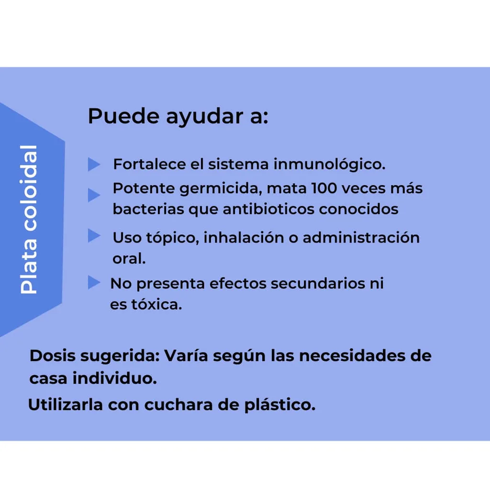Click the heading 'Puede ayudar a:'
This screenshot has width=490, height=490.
(x=178, y=117)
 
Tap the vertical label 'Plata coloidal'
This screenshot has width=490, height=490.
(x=29, y=219)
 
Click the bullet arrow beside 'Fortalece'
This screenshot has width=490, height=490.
(x=94, y=165)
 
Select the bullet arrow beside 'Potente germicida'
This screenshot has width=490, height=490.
(x=94, y=195)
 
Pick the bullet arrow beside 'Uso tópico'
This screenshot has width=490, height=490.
(x=94, y=235)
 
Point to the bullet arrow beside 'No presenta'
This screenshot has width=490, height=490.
(x=94, y=282)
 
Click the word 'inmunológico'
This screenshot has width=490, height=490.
(x=329, y=165)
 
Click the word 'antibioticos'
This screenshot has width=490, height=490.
(x=268, y=209)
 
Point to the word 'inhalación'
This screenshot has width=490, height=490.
(x=244, y=237)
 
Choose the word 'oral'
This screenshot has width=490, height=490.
(x=129, y=258)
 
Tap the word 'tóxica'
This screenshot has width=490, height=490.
(x=156, y=304)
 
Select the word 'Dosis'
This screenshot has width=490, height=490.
(x=53, y=356)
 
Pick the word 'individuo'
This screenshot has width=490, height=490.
(x=115, y=379)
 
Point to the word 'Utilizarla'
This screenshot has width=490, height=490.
(x=66, y=405)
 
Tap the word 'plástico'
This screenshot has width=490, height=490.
(x=280, y=405)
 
